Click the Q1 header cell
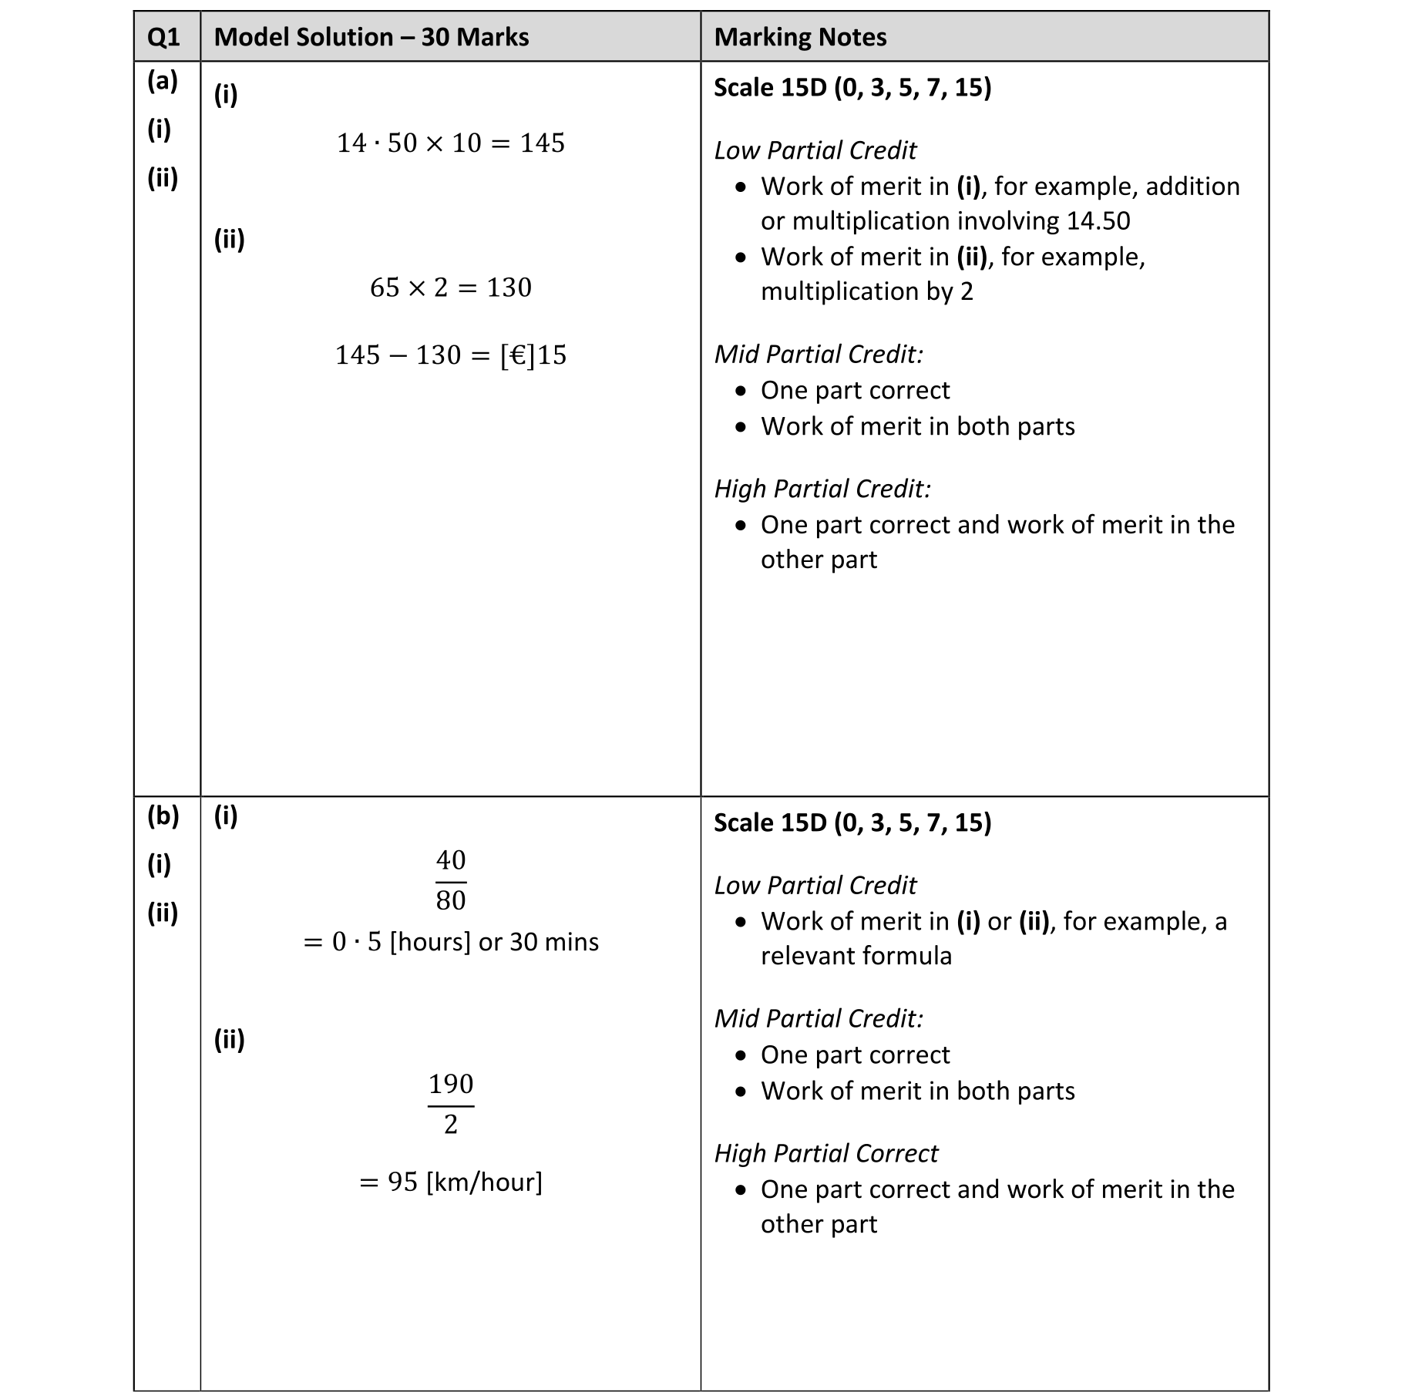pos(163,37)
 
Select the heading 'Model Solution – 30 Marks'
pos(371,37)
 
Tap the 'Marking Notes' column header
pos(799,37)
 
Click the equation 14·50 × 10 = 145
pos(450,143)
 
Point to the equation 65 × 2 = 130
pos(450,288)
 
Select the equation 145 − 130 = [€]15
pos(450,355)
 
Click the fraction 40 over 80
pos(451,880)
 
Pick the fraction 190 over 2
pos(451,1104)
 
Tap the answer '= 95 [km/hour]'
pos(450,1182)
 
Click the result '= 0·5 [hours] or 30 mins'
pos(450,942)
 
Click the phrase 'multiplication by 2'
pos(866,291)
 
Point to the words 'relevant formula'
pos(856,956)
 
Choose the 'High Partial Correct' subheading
pos(825,1153)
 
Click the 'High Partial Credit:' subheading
pos(822,489)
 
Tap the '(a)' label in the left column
pos(163,80)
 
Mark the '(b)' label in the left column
pos(163,816)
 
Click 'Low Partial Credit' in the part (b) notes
pos(815,885)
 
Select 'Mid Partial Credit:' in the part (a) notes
pos(818,354)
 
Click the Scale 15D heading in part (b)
pos(852,822)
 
